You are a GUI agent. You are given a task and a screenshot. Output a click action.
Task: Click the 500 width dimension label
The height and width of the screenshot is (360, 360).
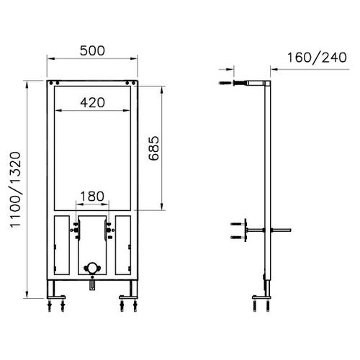coord(92,50)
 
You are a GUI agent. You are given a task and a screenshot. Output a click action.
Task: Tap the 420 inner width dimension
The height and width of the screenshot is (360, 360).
coord(92,103)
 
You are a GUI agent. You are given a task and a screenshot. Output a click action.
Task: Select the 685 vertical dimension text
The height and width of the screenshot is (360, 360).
coord(154,148)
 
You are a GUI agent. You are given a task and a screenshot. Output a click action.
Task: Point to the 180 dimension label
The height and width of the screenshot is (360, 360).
coord(92,197)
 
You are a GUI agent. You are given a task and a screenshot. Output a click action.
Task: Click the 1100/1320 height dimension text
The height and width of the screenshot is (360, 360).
coord(15,189)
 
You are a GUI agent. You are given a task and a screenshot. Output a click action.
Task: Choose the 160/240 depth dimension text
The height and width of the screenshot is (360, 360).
coord(317,58)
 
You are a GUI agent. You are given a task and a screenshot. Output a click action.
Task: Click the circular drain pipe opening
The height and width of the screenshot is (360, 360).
coord(92,268)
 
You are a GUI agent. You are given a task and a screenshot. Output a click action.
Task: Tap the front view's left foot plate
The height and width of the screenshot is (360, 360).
coord(56,297)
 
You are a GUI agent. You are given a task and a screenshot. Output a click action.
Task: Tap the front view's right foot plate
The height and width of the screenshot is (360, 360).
coord(128,297)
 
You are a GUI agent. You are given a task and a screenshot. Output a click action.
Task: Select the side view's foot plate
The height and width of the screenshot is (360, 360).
coord(261,297)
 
